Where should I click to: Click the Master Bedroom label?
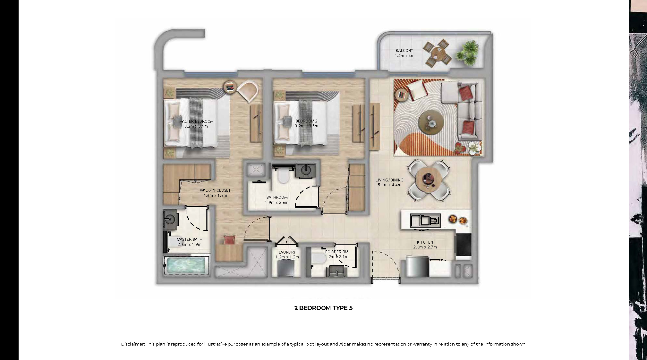196,121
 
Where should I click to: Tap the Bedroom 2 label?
307,121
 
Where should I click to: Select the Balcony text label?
404,51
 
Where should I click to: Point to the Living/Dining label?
389,180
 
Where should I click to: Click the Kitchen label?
425,242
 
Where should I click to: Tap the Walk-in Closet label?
215,190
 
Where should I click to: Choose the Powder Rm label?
336,252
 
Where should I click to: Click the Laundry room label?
287,252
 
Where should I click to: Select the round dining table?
429,180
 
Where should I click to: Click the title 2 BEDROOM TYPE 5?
323,308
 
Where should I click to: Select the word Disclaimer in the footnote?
133,344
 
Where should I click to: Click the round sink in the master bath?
170,220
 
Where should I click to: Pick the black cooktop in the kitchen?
464,245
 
